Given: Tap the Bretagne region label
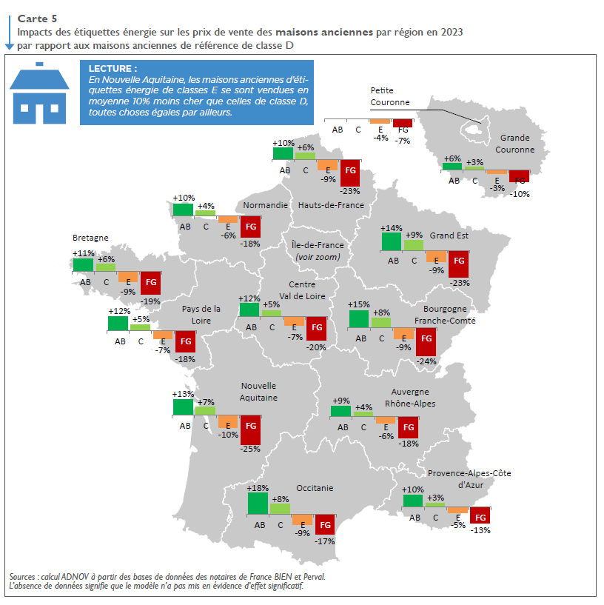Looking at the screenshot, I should (x=90, y=238).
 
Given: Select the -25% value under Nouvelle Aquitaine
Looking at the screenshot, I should (x=250, y=449).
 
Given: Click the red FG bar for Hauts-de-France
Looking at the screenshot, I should (x=350, y=172).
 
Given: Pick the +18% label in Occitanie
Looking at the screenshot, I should (x=258, y=488).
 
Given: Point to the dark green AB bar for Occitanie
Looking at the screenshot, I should (x=258, y=504).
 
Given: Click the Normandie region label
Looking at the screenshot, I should (x=265, y=205).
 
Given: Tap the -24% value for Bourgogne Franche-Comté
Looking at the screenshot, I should (x=426, y=361).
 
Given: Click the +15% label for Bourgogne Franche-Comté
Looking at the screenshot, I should (x=359, y=304).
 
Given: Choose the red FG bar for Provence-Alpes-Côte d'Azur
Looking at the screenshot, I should (x=480, y=515).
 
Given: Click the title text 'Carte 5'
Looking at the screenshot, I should (x=37, y=17).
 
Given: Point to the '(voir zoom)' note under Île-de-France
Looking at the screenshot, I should (x=317, y=257).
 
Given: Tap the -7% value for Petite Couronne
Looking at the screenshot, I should (x=403, y=140).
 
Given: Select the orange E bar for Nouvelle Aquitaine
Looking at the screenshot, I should (x=228, y=422).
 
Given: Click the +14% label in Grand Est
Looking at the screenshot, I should (x=391, y=228).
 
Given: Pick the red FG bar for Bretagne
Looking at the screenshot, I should (x=150, y=283).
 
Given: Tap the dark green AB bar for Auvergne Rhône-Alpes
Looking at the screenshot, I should (x=340, y=411).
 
